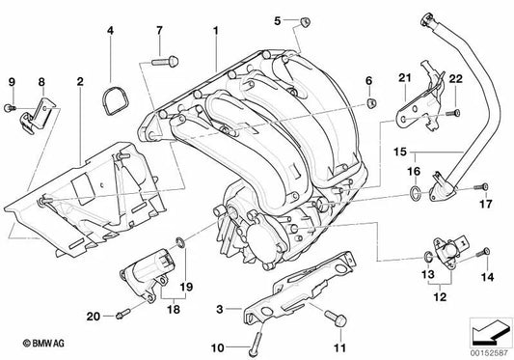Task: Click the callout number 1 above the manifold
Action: tap(215, 31)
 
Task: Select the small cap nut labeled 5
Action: tap(305, 22)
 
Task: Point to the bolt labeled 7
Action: tap(165, 62)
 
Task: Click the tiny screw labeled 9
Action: tap(10, 107)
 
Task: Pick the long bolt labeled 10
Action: tap(256, 344)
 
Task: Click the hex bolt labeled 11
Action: tap(337, 318)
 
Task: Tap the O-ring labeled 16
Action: tap(415, 193)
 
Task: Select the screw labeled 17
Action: tap(481, 187)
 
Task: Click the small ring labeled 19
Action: tap(180, 243)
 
